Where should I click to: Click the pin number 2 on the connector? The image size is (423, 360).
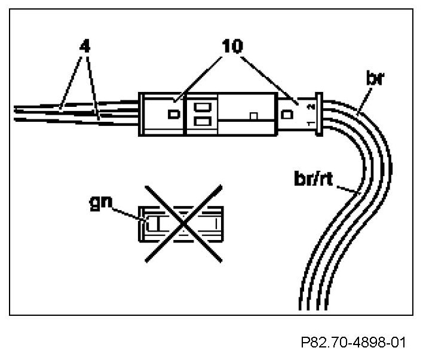click(309, 107)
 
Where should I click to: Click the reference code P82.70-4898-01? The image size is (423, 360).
click(354, 343)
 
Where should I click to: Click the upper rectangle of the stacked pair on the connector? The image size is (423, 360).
click(201, 108)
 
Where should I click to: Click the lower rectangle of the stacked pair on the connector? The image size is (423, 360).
click(201, 122)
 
